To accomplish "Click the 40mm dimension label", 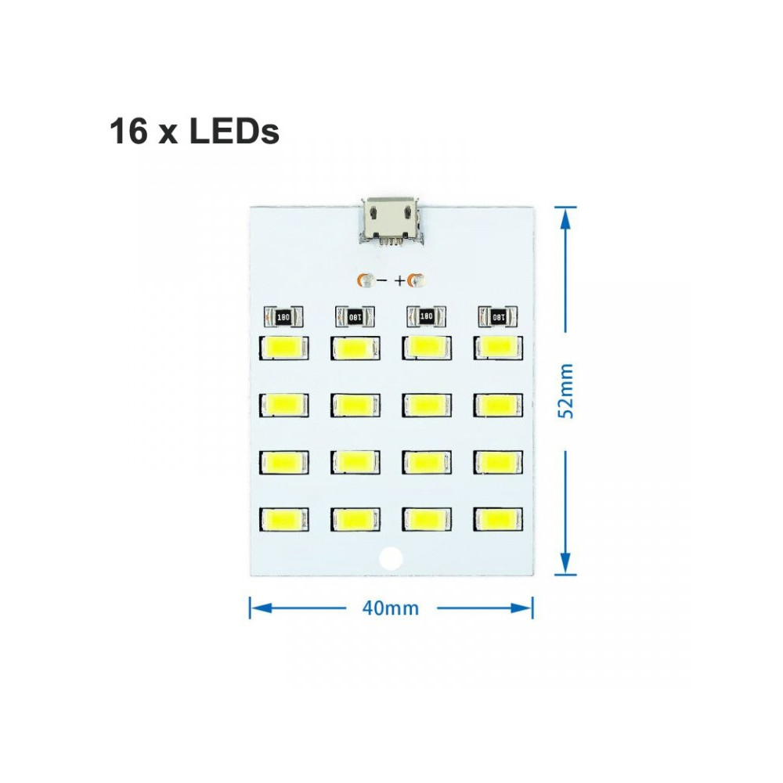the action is point(391,608).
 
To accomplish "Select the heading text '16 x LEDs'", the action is point(194,132).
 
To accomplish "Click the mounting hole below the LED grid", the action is point(389,558).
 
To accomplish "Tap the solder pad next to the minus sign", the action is point(365,280).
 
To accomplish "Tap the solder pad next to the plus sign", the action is point(417,280).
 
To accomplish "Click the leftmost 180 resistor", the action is point(283,316).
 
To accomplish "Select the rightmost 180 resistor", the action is point(497,316).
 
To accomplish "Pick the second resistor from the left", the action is point(355,316).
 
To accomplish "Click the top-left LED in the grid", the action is point(283,347).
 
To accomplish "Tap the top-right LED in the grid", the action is point(497,347).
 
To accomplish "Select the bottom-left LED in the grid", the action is point(283,518).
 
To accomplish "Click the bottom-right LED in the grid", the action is point(497,518).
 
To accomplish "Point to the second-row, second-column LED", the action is point(355,404).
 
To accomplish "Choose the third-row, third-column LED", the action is point(427,462).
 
